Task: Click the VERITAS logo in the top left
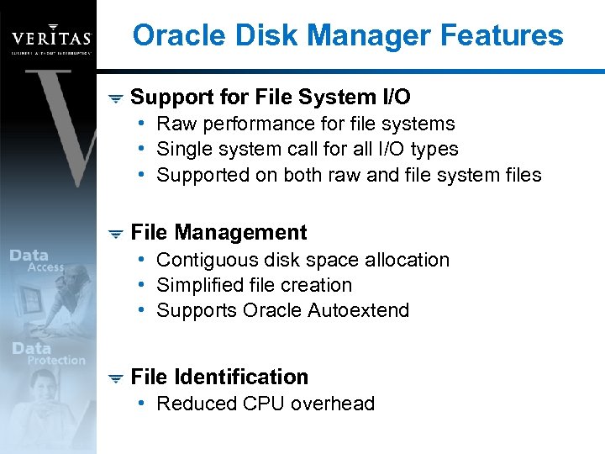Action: click(50, 38)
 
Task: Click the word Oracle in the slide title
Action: click(174, 36)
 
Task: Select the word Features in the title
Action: click(504, 36)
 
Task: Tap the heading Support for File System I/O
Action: click(271, 98)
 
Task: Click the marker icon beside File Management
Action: click(116, 234)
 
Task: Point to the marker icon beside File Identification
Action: click(116, 378)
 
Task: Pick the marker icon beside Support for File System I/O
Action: click(116, 99)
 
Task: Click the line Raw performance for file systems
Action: click(305, 124)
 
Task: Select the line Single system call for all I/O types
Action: click(307, 150)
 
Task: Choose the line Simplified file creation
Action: click(254, 285)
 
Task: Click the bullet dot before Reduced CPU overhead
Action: click(145, 404)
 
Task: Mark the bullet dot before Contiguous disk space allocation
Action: click(145, 260)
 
